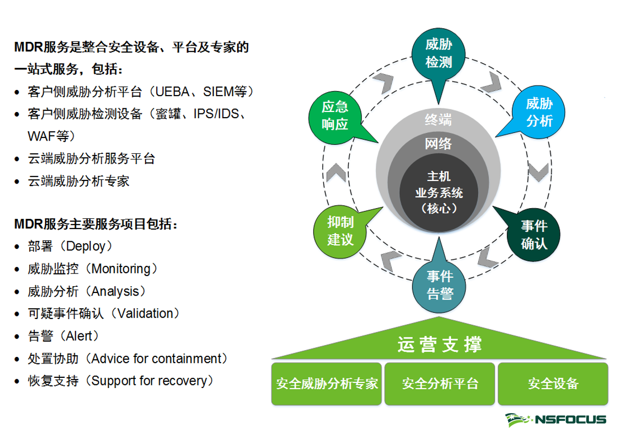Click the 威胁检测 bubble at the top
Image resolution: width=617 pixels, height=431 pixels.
[438, 53]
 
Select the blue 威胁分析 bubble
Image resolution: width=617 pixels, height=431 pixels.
[539, 113]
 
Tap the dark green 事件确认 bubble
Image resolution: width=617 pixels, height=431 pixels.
[534, 235]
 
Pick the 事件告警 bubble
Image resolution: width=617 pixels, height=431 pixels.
[439, 285]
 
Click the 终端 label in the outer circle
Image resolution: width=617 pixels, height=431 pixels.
[438, 120]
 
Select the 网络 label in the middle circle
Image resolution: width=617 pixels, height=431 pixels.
[438, 144]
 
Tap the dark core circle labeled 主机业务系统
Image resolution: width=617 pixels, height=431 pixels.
[438, 193]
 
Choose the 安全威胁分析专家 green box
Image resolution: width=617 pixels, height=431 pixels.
[327, 383]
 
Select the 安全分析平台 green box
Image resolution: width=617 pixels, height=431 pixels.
[440, 383]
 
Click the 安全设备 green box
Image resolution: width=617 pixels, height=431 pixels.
[553, 383]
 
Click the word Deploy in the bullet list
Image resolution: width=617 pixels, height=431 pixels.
[85, 246]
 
